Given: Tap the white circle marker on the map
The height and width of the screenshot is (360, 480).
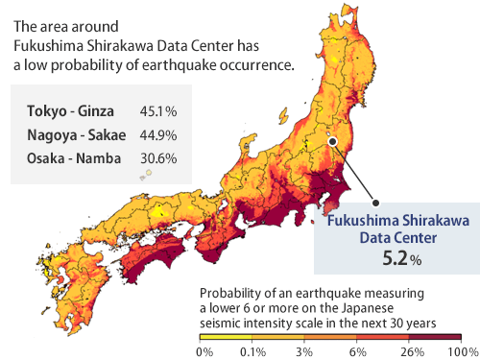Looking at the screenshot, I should tap(332, 140).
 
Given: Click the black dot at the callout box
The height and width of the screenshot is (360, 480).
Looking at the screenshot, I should tap(375, 203).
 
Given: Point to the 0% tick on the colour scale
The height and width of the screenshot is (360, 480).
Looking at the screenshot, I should tap(204, 350).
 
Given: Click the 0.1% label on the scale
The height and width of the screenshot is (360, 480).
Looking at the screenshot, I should tap(253, 350).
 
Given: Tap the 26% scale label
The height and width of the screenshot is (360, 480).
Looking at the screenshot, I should tap(410, 350).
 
